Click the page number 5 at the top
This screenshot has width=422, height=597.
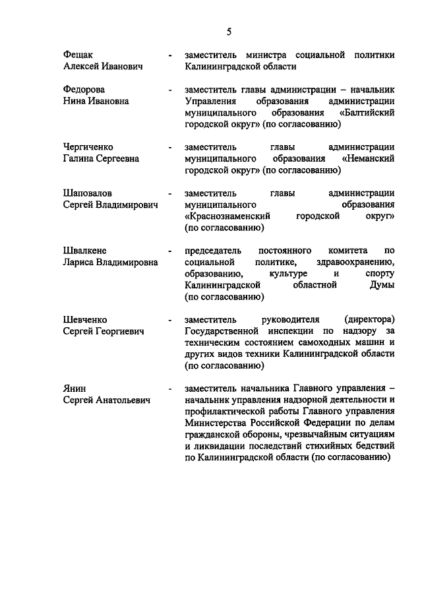(229, 31)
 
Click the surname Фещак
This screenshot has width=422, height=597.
(78, 54)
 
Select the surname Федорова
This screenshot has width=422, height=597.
(84, 89)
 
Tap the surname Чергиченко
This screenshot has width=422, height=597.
(88, 146)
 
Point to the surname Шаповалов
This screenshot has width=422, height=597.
(88, 193)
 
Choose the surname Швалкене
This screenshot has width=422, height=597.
(84, 250)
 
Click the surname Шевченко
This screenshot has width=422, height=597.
(85, 319)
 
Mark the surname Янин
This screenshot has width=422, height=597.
(75, 387)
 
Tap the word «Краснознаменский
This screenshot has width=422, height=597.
(228, 216)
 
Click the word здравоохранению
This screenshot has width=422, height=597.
(355, 262)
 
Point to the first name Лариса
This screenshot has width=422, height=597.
(78, 262)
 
